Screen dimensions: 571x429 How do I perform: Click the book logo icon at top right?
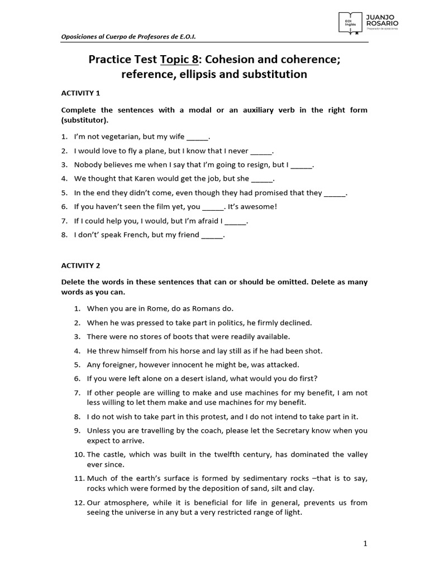coord(349,22)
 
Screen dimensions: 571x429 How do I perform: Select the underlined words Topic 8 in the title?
coord(180,60)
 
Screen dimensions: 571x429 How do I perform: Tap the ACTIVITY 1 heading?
coord(80,93)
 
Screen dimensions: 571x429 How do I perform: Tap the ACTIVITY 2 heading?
coord(80,266)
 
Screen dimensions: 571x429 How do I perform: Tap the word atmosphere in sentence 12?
coord(124,502)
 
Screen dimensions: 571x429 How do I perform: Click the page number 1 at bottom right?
coord(365,544)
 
